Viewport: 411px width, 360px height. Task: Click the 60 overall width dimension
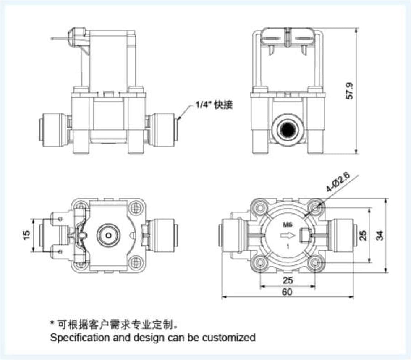click(287, 292)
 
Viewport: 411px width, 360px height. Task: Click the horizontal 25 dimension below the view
click(288, 280)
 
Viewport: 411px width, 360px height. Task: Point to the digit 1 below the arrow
click(287, 247)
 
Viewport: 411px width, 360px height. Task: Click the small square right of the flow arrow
click(303, 236)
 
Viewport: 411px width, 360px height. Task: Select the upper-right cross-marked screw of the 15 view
click(136, 208)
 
